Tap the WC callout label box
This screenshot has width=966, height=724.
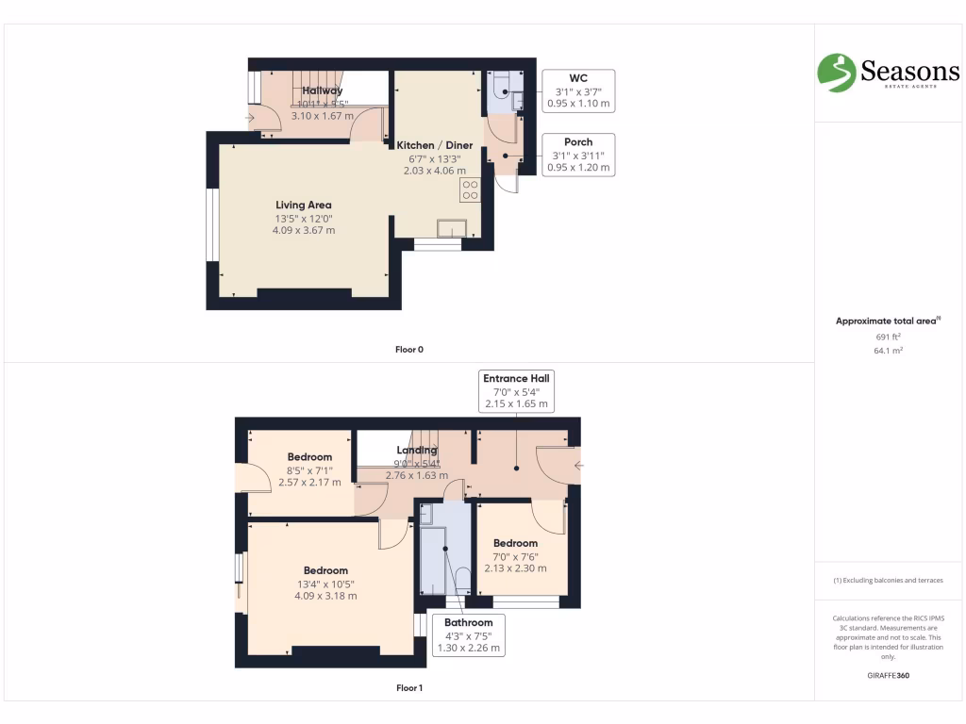tap(578, 90)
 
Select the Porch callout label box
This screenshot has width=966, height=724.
tap(578, 155)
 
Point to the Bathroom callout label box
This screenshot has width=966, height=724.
tap(469, 635)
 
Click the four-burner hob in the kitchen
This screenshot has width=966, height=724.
tap(470, 189)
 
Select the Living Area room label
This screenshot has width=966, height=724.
tap(303, 205)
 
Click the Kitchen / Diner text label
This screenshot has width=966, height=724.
tap(434, 145)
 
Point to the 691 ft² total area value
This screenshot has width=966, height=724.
tap(888, 337)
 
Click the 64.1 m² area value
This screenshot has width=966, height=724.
tap(888, 351)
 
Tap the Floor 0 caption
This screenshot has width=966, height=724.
tap(408, 350)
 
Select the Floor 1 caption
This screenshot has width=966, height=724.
tap(408, 688)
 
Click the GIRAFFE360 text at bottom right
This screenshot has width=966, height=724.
tap(888, 676)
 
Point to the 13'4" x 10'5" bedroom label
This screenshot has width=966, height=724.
tap(325, 583)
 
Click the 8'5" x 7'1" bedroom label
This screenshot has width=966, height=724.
tap(309, 469)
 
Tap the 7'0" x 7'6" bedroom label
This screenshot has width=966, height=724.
tap(515, 555)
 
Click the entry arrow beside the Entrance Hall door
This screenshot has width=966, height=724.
tap(578, 466)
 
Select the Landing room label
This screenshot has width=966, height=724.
tap(416, 450)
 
